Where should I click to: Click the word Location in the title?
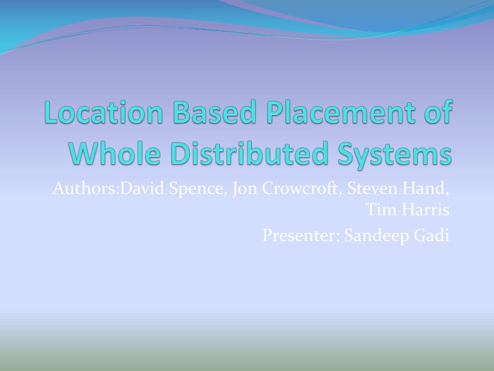click(x=104, y=112)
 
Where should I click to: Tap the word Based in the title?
click(x=214, y=112)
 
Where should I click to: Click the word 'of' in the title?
click(x=439, y=112)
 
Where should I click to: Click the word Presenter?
click(x=301, y=235)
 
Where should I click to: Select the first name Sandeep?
click(x=376, y=236)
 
